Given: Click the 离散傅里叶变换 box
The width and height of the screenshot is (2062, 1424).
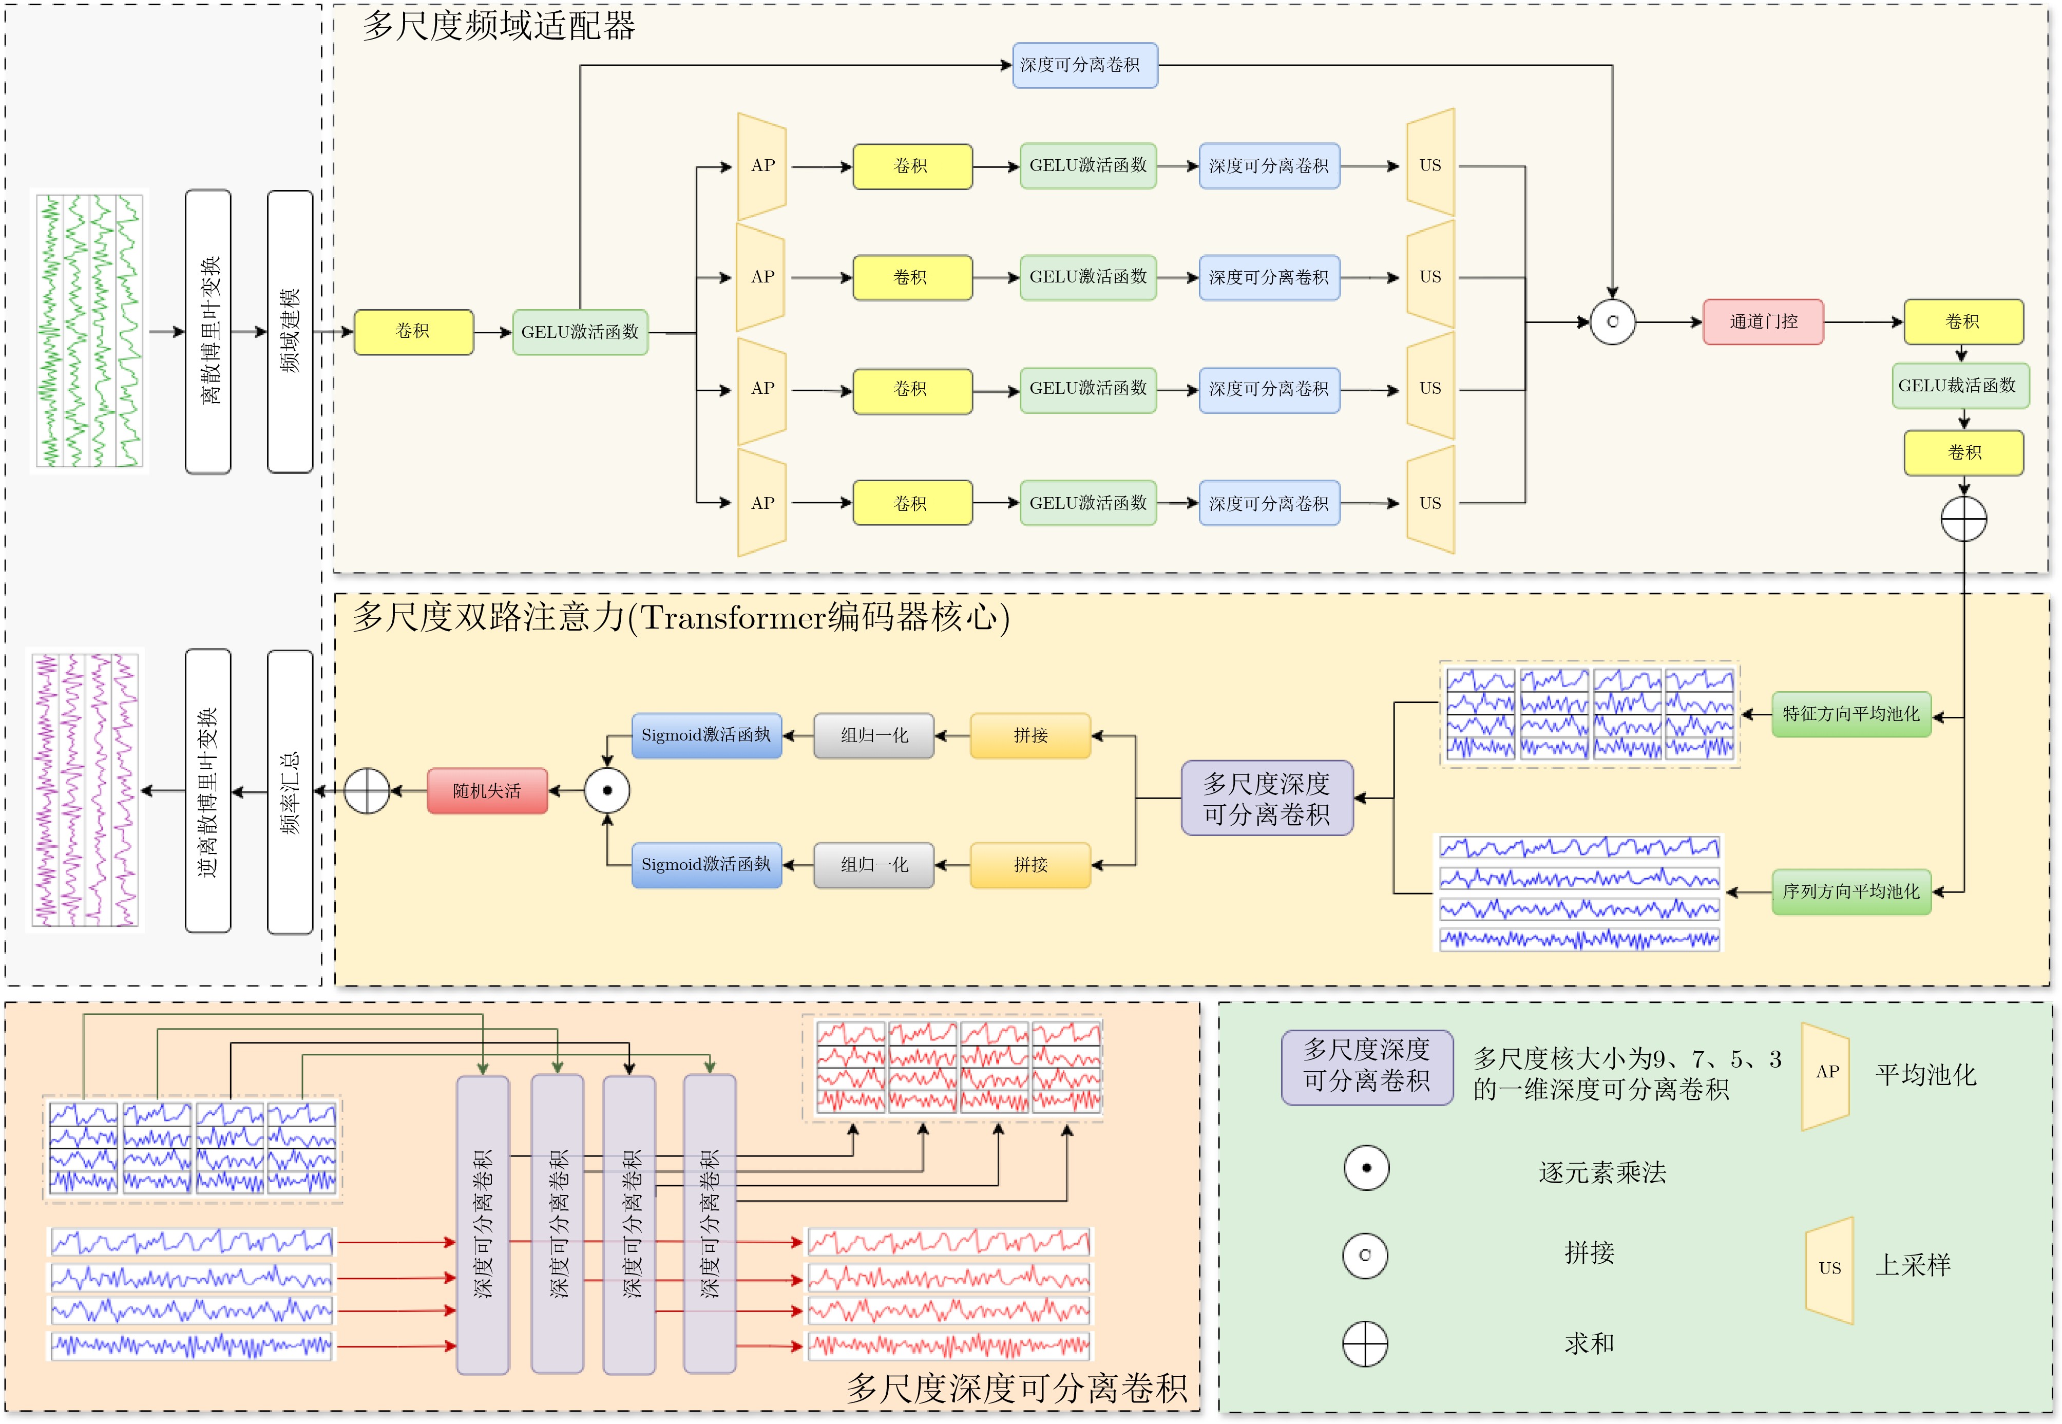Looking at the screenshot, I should coord(208,331).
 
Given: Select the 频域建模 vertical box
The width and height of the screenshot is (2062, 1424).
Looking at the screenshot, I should coord(290,331).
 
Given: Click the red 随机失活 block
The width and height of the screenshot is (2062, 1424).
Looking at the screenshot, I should coord(487,790).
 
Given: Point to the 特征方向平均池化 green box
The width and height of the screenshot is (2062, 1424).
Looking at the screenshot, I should coord(1850,714).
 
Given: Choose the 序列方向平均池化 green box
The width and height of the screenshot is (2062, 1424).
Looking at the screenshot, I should coord(1850,891).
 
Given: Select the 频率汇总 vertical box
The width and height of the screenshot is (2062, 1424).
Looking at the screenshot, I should coord(290,791).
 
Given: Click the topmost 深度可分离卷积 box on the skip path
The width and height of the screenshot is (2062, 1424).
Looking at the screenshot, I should coord(1084,65).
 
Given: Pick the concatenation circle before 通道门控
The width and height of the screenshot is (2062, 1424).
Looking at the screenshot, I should coord(1612,322).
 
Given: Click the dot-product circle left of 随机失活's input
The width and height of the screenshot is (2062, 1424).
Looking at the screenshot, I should coord(607,790).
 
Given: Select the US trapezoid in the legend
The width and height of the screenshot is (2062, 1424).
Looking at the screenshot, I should coord(1829,1269).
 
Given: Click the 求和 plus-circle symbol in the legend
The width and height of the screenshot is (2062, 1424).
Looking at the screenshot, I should coord(1365,1344).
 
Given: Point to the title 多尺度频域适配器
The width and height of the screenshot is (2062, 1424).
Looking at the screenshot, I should coord(499,26).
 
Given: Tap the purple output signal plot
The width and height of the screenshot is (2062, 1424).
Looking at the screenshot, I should coord(86,790).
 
